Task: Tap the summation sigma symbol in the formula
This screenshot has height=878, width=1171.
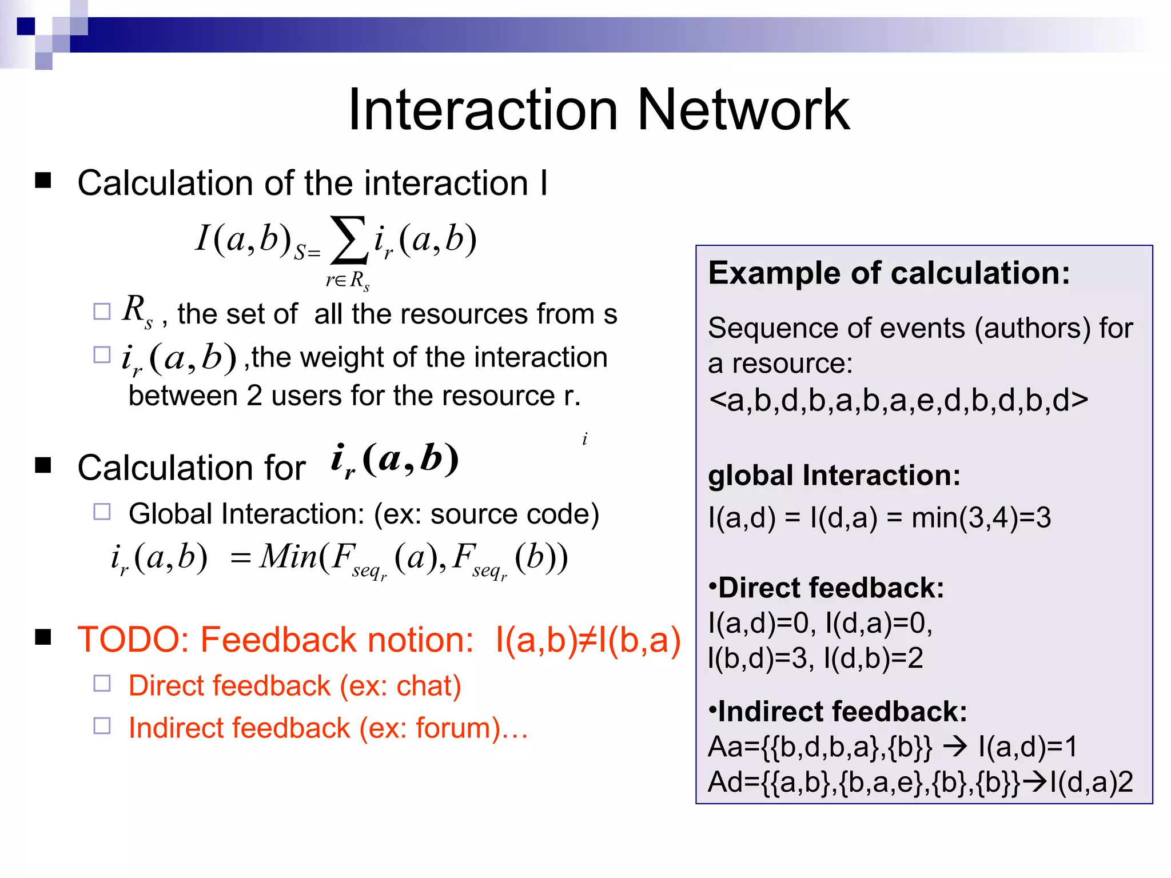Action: (349, 240)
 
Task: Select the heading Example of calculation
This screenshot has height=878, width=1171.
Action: (889, 273)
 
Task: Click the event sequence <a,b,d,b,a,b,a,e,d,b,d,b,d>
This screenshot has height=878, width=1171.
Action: (898, 400)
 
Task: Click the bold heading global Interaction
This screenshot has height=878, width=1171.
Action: (834, 476)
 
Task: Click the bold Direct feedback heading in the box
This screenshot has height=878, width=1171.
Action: (826, 588)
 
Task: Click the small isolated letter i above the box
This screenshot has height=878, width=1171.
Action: (584, 439)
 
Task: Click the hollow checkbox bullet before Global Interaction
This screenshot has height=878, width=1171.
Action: (102, 512)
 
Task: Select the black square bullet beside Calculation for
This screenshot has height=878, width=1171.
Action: (43, 465)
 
